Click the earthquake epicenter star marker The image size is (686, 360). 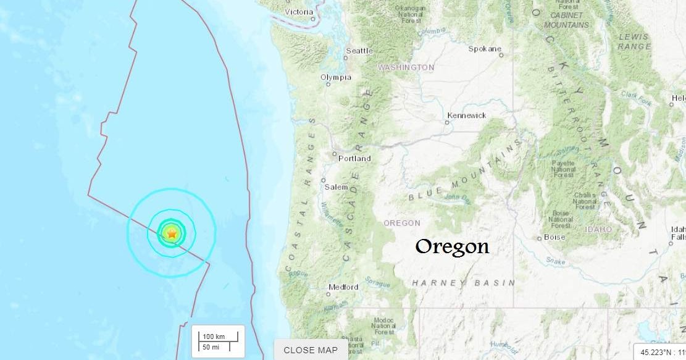[172, 233]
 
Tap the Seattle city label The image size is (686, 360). [359, 51]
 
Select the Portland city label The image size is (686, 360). [354, 159]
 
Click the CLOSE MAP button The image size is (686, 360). [311, 350]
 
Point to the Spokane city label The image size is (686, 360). [485, 49]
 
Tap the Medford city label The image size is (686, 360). [343, 287]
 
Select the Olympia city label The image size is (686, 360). [336, 77]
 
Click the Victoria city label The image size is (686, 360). [299, 12]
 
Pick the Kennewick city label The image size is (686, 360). [467, 115]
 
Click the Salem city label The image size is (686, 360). [337, 187]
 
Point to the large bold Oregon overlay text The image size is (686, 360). [452, 247]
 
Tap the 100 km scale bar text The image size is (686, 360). [213, 336]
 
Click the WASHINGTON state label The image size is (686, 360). [406, 67]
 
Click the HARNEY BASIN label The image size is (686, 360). [463, 283]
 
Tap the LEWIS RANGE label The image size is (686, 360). [634, 41]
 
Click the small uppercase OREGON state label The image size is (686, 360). [402, 223]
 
